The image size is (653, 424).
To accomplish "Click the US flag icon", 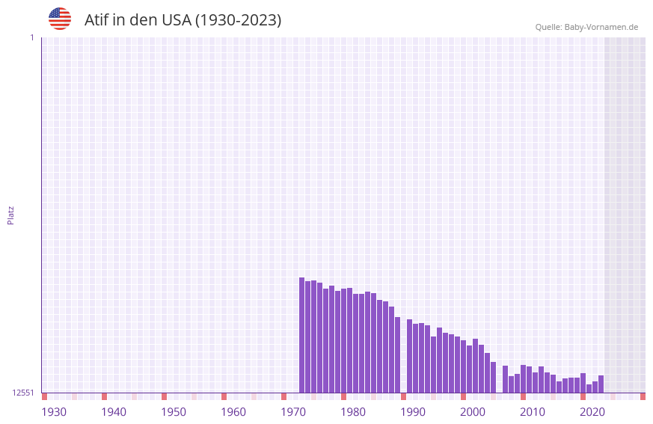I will (60, 19).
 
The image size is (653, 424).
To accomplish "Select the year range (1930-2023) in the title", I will (238, 20).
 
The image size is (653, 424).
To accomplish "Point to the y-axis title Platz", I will (10, 215).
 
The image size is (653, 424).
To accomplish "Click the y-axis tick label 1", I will (31, 37).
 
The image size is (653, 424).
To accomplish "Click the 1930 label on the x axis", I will (54, 412).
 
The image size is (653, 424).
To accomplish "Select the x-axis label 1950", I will (174, 412).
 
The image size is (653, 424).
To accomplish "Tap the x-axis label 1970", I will (293, 412).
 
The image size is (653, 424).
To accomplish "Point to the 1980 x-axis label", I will (353, 412).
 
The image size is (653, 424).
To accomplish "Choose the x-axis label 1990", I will (413, 412).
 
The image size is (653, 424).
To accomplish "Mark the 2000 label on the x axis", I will (473, 412).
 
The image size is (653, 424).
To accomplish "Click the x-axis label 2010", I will (533, 412).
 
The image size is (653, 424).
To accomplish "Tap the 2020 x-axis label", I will (592, 412).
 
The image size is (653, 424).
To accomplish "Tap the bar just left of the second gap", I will (493, 377).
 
